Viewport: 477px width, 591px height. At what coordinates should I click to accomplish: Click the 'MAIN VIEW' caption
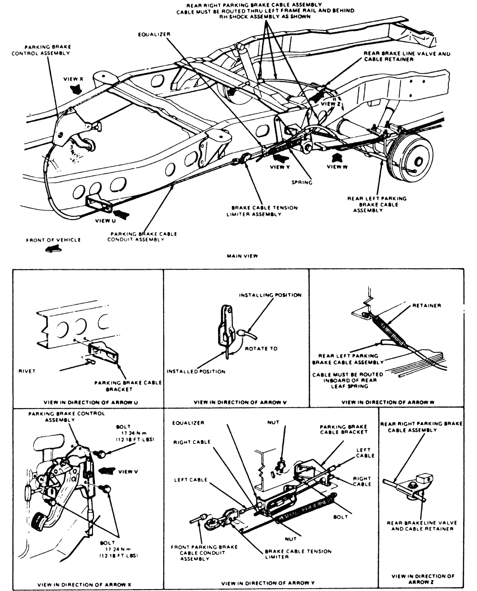point(242,256)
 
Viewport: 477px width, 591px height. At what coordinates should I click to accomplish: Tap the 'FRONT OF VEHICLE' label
point(53,240)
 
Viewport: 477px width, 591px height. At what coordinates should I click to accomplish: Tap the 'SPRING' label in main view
point(302,182)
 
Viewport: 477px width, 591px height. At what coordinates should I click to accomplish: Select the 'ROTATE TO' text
point(261,348)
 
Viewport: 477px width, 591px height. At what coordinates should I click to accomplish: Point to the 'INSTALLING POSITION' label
point(270,295)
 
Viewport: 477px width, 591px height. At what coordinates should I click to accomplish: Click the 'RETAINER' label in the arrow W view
point(426,306)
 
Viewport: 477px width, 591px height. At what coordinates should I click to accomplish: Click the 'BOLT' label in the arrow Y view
point(341,517)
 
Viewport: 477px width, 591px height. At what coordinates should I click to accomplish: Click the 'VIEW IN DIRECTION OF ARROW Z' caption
point(423,579)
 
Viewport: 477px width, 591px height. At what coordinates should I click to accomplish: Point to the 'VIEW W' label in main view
point(337,167)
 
